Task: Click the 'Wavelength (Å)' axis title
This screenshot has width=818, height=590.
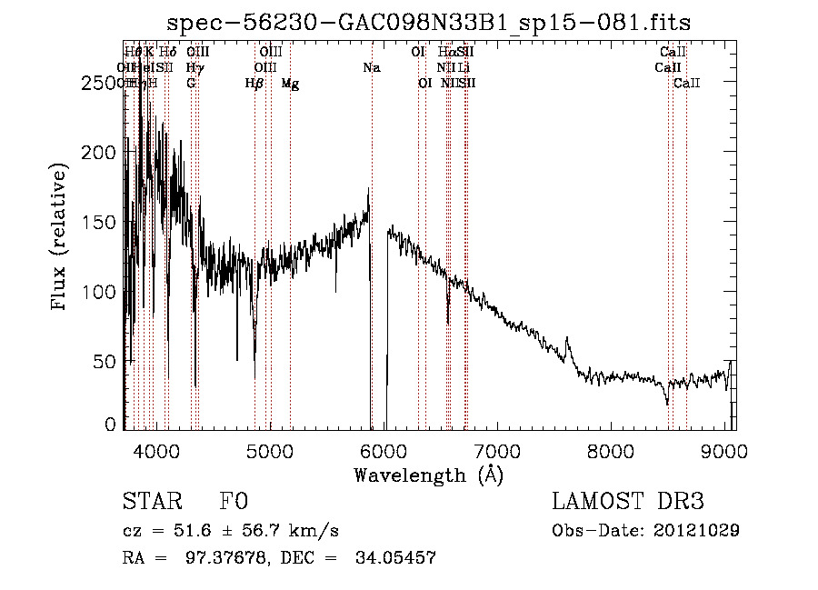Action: [x=428, y=475]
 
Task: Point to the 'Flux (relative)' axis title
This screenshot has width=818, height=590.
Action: [x=61, y=238]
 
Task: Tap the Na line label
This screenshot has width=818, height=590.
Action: [x=371, y=68]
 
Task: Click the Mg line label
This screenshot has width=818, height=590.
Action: [x=290, y=84]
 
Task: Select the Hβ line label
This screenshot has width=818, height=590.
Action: [x=254, y=84]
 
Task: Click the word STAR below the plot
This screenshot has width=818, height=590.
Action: [x=151, y=502]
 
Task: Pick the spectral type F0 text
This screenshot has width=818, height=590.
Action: [x=234, y=502]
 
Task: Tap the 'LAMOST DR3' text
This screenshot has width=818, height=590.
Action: [x=628, y=502]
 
